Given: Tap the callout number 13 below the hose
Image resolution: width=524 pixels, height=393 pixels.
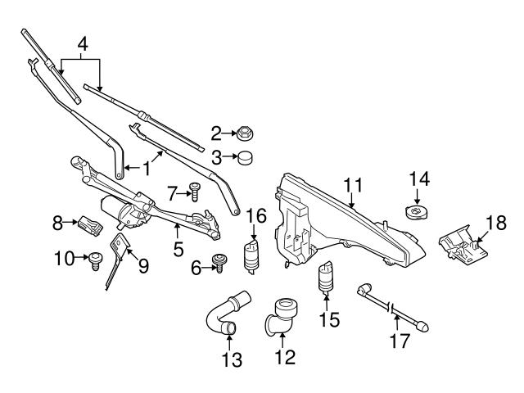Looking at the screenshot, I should click(232, 359).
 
